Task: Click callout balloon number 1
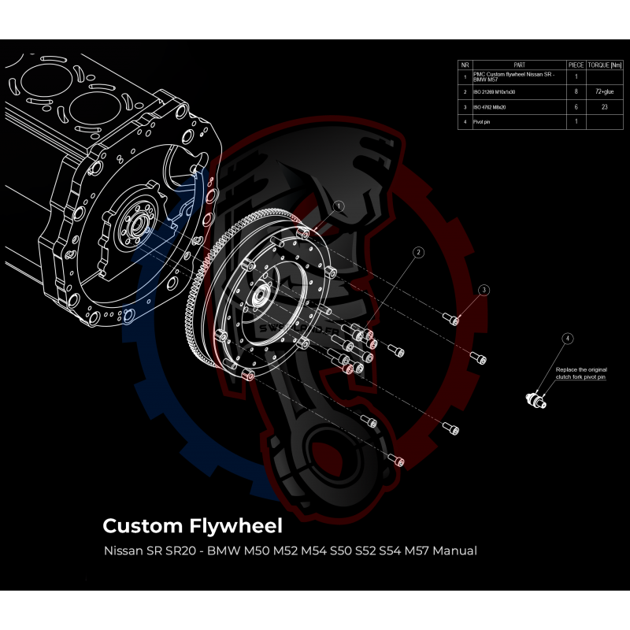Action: click(339, 206)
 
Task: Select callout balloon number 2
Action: click(418, 252)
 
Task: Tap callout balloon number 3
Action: click(484, 290)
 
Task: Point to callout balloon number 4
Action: click(567, 338)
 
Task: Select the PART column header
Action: click(519, 65)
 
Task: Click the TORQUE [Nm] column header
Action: click(604, 65)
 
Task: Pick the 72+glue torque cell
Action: click(604, 91)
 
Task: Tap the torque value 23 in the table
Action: click(604, 106)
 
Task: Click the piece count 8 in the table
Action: click(576, 91)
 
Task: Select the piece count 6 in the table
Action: click(576, 106)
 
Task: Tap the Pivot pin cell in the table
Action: click(489, 121)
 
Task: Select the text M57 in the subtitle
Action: click(408, 550)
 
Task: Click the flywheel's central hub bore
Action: click(259, 298)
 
